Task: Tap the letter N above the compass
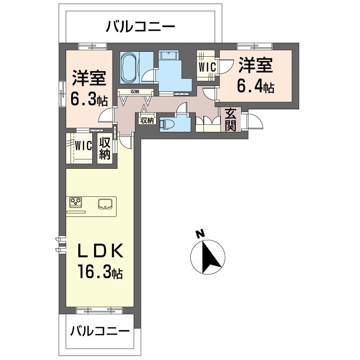pyautogui.click(x=200, y=234)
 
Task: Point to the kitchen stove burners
pyautogui.click(x=76, y=202)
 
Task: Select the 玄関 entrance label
pyautogui.click(x=231, y=119)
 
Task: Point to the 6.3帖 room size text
pyautogui.click(x=89, y=99)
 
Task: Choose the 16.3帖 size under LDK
pyautogui.click(x=99, y=272)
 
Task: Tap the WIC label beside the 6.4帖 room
pyautogui.click(x=207, y=66)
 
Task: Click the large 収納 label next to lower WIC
pyautogui.click(x=105, y=149)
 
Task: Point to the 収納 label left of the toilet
pyautogui.click(x=147, y=120)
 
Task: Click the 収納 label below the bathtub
pyautogui.click(x=135, y=92)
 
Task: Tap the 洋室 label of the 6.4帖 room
pyautogui.click(x=256, y=65)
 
